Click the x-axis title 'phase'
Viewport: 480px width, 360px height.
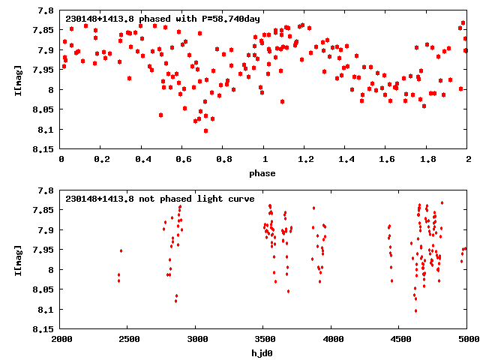pyautogui.click(x=263, y=173)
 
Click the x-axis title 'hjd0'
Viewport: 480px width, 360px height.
pyautogui.click(x=263, y=352)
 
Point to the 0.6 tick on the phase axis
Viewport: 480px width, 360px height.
pyautogui.click(x=183, y=159)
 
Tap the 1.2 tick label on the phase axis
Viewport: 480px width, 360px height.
pyautogui.click(x=305, y=159)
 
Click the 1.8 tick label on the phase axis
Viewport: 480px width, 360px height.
pyautogui.click(x=427, y=159)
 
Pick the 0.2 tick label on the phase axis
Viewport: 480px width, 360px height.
pyautogui.click(x=102, y=159)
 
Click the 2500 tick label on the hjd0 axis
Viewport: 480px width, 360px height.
pyautogui.click(x=128, y=338)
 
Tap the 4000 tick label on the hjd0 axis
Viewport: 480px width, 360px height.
pyautogui.click(x=331, y=338)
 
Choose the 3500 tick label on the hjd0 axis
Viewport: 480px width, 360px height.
pyautogui.click(x=264, y=338)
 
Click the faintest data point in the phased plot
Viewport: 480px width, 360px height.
pyautogui.click(x=205, y=130)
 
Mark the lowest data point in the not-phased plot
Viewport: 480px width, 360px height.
pyautogui.click(x=415, y=310)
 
